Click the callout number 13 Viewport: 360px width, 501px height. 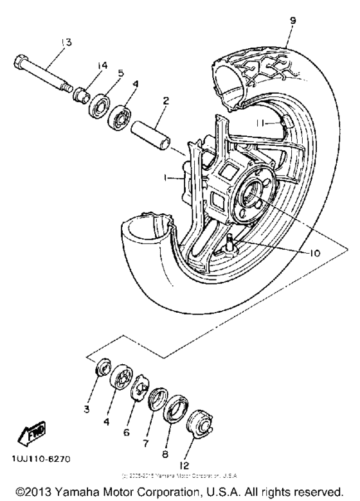click(x=66, y=42)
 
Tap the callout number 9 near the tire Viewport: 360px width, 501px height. click(x=293, y=21)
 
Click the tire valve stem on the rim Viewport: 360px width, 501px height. click(x=230, y=244)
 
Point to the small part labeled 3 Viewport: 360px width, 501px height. click(x=101, y=370)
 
